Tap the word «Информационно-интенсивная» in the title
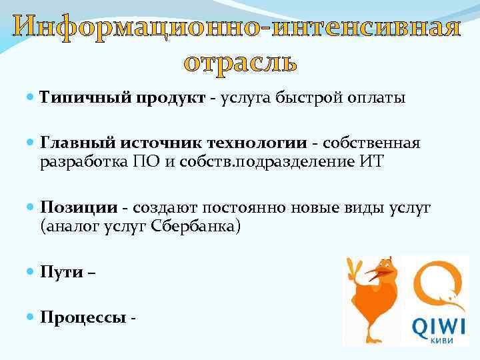pos(240,28)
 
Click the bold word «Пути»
pos(62,272)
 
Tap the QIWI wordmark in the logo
pos(438,326)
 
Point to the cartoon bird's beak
pos(384,271)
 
